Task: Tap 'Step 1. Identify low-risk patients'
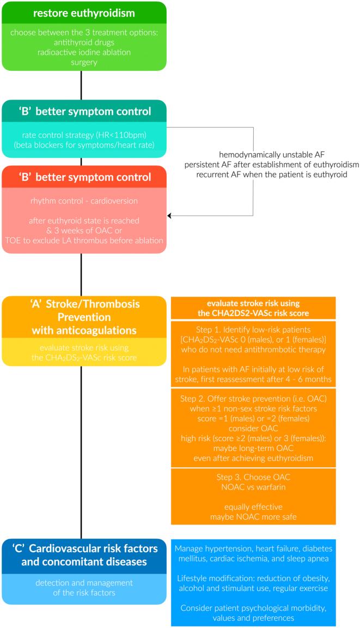pos(266,330)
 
